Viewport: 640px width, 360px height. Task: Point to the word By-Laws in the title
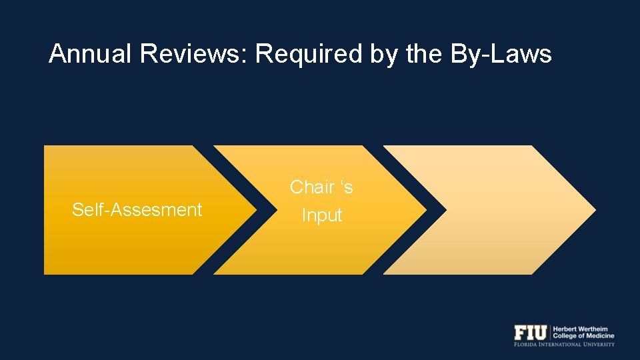501,54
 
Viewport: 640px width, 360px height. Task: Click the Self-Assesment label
137,210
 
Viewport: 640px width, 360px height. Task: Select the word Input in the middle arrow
322,216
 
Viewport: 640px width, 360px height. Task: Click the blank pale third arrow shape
487,210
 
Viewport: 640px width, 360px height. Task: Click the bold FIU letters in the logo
530,332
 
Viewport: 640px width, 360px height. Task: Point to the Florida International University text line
564,344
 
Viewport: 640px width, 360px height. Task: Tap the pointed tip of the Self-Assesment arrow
256,210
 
